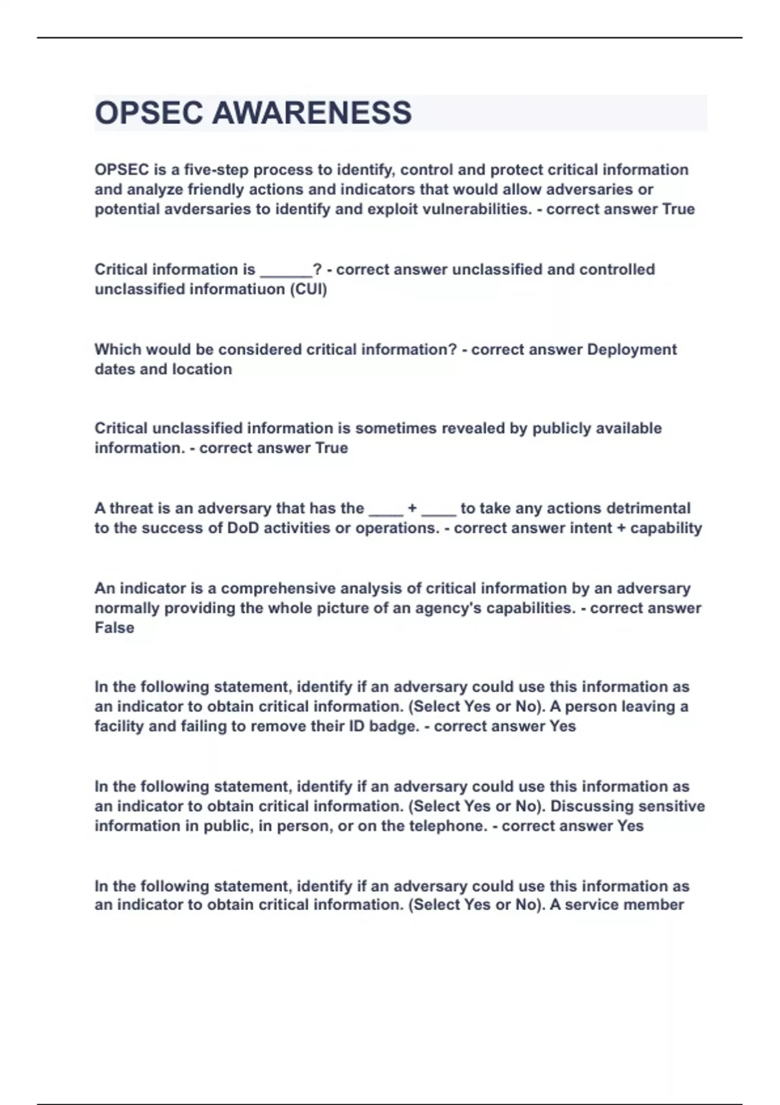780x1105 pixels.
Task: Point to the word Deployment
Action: point(632,350)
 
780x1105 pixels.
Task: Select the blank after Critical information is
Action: point(286,270)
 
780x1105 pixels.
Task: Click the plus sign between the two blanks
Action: point(412,508)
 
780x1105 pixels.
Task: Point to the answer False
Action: point(114,628)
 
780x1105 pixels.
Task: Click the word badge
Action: point(393,726)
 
